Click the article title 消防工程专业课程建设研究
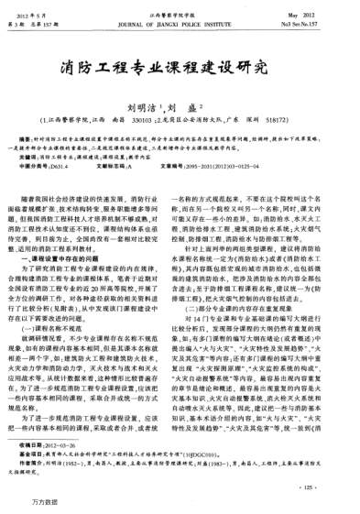[180, 65]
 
